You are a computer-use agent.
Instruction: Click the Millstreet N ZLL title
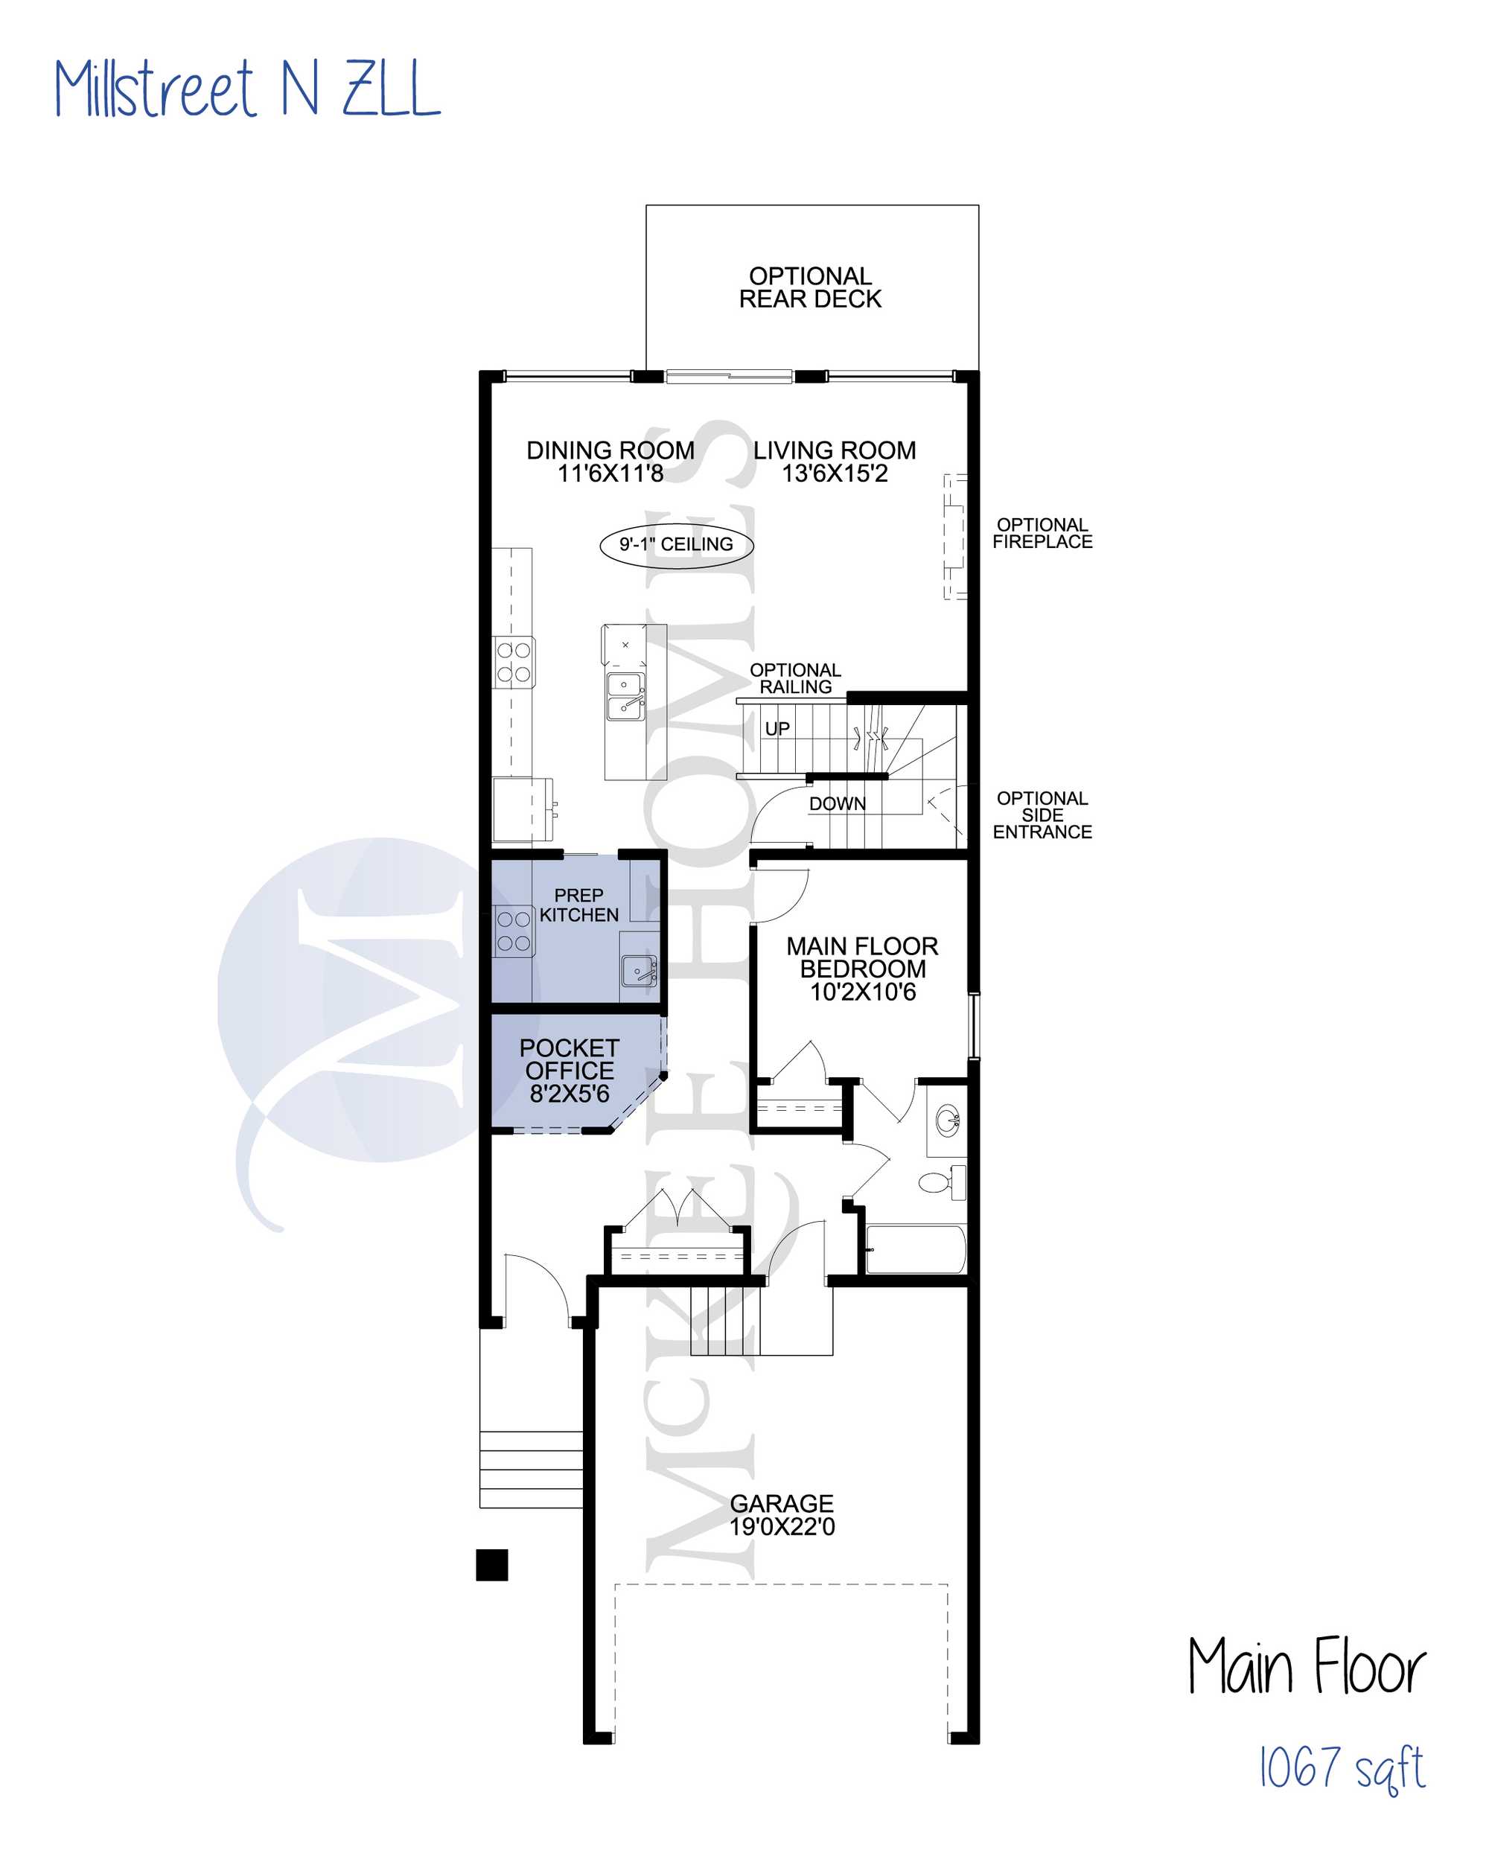[x=247, y=88]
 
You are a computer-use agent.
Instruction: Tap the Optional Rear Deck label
[x=810, y=287]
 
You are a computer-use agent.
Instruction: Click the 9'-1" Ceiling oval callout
[x=676, y=545]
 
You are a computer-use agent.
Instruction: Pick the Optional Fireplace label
[x=1042, y=534]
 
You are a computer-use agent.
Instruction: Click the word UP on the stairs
[x=777, y=729]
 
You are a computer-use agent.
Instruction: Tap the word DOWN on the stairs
[x=838, y=804]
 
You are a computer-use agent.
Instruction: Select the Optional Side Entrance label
[x=1042, y=815]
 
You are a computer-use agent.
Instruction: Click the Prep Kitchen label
[x=578, y=905]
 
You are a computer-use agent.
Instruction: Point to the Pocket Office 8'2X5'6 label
[x=570, y=1071]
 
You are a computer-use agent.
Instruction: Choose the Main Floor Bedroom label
[x=862, y=969]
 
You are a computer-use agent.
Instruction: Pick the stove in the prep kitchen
[x=513, y=931]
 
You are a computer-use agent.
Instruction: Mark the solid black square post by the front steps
[x=491, y=1565]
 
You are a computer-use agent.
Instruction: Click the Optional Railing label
[x=795, y=679]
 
